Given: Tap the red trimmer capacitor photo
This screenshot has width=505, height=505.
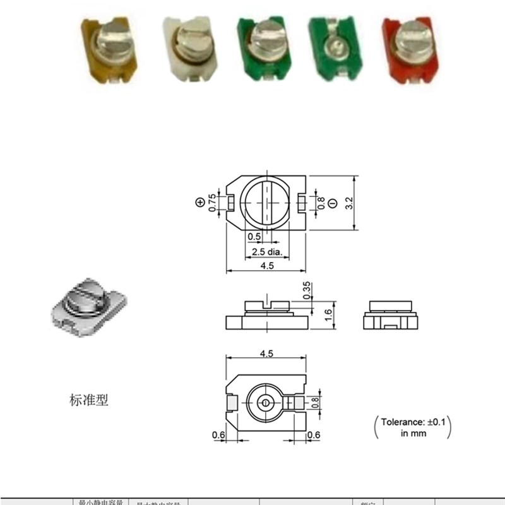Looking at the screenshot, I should [410, 50].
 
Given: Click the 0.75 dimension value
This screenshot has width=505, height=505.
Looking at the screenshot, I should [213, 201].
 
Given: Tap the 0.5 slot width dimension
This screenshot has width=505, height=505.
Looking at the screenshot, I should [254, 236].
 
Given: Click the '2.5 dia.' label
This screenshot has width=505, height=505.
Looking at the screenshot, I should [266, 252].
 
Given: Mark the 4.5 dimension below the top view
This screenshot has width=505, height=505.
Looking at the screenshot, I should [266, 266].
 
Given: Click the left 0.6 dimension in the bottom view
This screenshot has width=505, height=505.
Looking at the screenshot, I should [218, 434].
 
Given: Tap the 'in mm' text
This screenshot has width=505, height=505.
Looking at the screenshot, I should [413, 433].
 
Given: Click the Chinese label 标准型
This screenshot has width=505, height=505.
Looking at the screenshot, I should [89, 400].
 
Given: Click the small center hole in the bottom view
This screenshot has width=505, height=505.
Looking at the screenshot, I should [266, 402].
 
